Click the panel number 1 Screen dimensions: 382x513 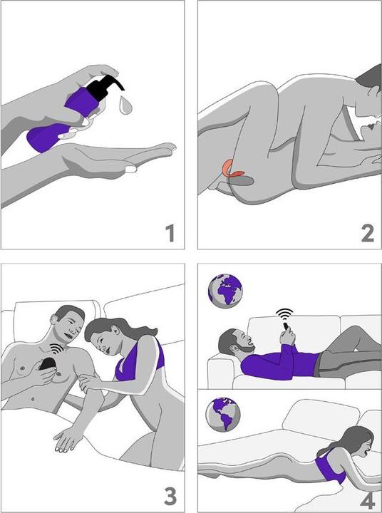(x=170, y=233)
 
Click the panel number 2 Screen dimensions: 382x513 (x=367, y=233)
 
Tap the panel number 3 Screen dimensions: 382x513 (x=170, y=497)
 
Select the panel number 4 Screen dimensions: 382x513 (x=368, y=501)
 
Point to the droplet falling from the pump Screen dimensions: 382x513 (x=125, y=105)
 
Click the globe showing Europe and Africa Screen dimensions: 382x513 (x=225, y=291)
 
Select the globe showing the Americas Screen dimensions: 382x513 (x=222, y=414)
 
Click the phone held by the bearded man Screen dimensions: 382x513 (x=286, y=326)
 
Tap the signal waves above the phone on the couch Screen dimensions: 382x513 (x=284, y=314)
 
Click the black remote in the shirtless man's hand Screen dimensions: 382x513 (x=48, y=363)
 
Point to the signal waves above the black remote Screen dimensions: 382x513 (x=57, y=349)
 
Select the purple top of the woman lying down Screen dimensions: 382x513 (x=329, y=466)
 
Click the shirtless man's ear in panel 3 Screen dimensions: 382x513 (x=54, y=318)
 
